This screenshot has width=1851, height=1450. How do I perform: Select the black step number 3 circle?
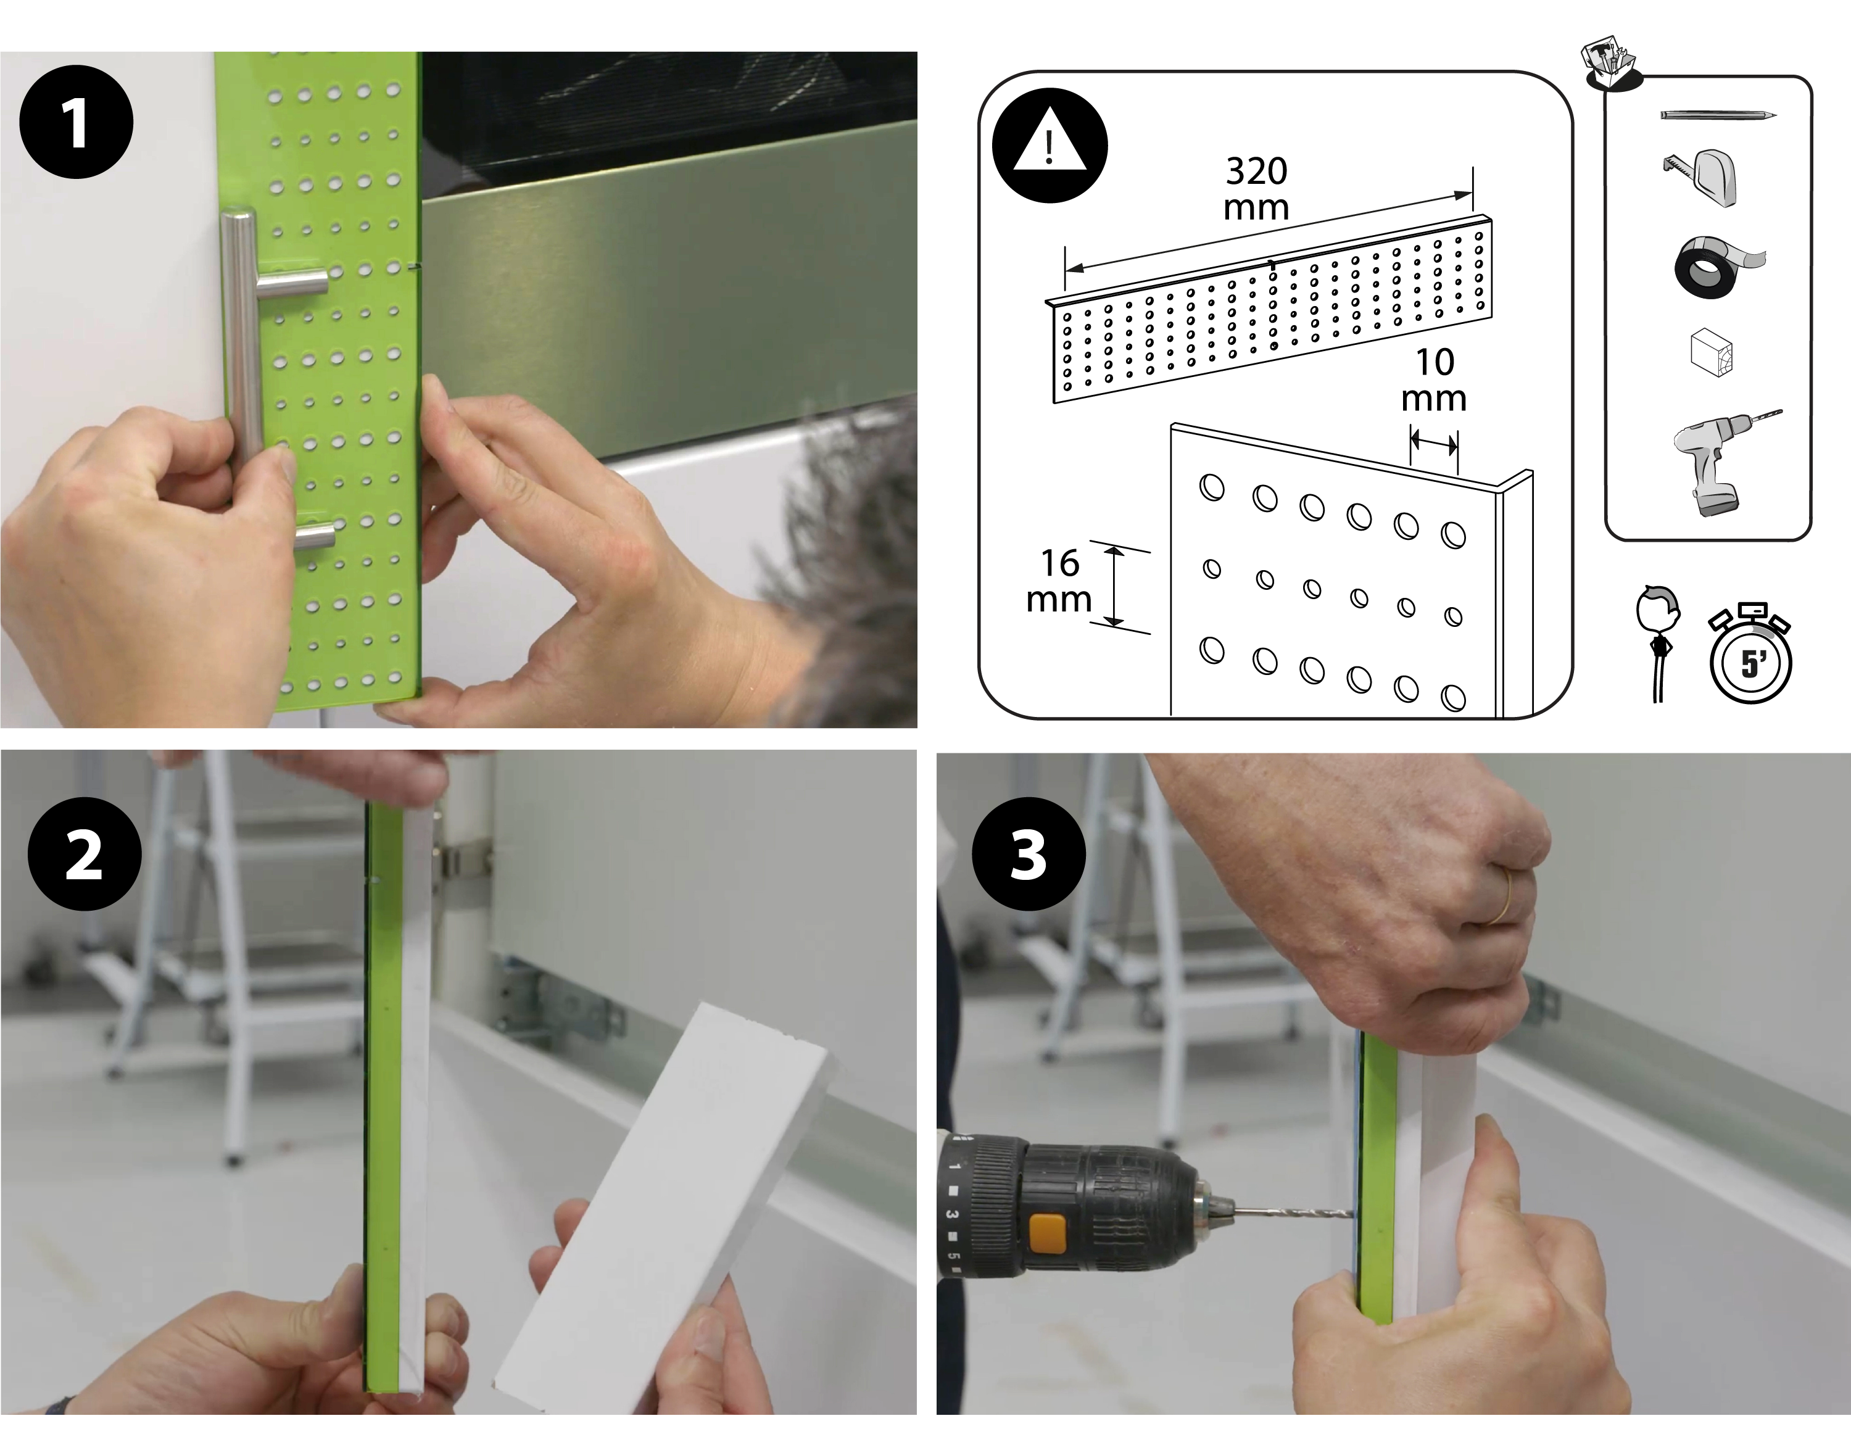[1028, 853]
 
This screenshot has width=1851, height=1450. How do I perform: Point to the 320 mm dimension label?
[1256, 188]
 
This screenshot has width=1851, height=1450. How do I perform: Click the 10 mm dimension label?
[1435, 379]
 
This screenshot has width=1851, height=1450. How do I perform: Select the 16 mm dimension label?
[1059, 581]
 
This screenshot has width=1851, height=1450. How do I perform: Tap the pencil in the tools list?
[1718, 115]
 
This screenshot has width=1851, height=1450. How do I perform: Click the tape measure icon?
[1702, 176]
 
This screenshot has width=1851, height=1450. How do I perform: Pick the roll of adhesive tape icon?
[1715, 266]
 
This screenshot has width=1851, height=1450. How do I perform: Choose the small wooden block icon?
[1711, 352]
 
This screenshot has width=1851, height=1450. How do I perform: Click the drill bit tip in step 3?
[1354, 1216]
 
